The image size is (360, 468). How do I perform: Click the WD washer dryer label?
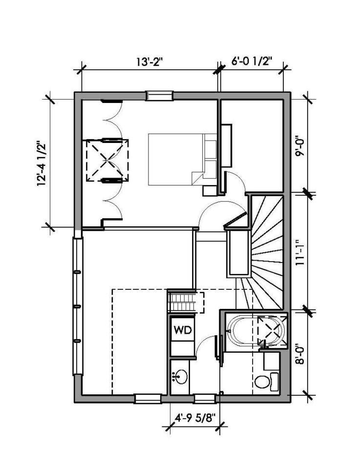[x=182, y=330]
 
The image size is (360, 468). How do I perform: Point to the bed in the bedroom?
[x=181, y=160]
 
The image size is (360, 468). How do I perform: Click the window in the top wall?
[x=160, y=96]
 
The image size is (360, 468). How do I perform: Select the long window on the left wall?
[x=77, y=306]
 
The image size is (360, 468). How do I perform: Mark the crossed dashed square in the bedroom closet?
[x=107, y=160]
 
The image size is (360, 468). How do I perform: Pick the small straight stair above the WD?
[x=186, y=302]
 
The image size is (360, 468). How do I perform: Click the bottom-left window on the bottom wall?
[x=148, y=398]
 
